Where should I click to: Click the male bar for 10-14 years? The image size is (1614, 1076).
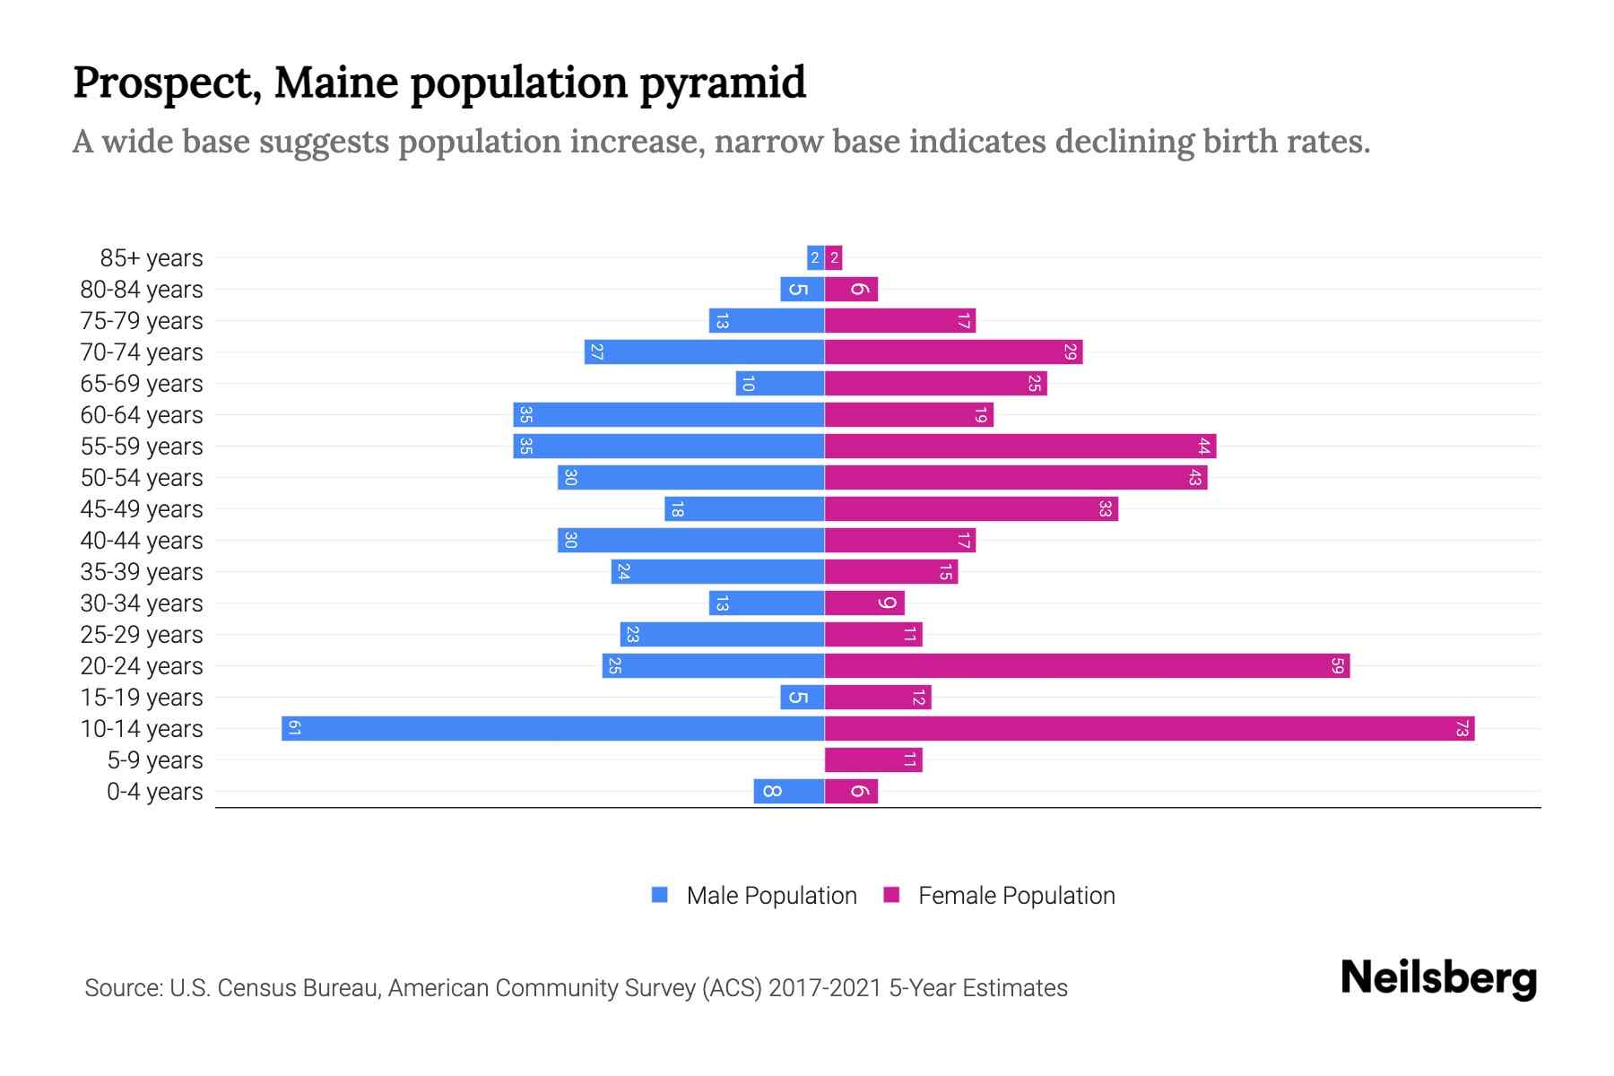click(x=552, y=729)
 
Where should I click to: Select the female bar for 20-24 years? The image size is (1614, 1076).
click(x=1087, y=666)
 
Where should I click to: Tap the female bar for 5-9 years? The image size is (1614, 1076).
click(x=873, y=760)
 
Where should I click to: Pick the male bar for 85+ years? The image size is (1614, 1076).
click(x=815, y=258)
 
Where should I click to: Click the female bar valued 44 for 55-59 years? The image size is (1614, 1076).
click(x=1020, y=447)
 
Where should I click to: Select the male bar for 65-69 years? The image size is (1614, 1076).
click(x=779, y=384)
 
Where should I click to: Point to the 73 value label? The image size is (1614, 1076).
click(x=1462, y=729)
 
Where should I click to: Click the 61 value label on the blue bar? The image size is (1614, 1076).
click(x=294, y=729)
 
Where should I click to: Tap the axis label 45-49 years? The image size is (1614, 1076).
click(x=142, y=509)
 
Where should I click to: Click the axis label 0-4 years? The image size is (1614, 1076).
click(x=154, y=792)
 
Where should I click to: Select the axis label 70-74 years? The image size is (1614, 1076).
click(x=142, y=352)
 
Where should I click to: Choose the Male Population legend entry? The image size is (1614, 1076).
click(x=771, y=896)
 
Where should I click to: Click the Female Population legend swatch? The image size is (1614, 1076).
click(x=891, y=895)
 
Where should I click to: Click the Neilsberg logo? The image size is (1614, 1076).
click(x=1438, y=978)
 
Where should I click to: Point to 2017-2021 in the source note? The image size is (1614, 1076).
click(x=825, y=988)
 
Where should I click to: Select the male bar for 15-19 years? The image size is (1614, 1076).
click(x=802, y=698)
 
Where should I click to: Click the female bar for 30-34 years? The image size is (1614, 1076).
click(x=864, y=603)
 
